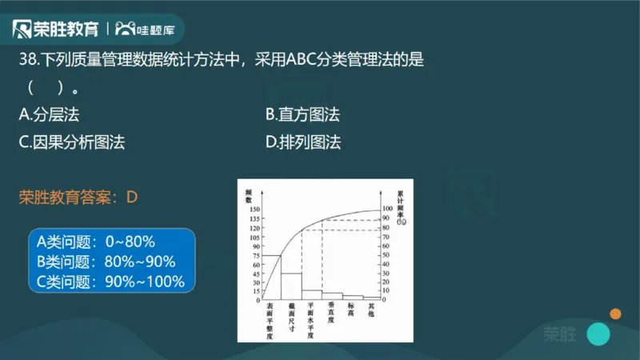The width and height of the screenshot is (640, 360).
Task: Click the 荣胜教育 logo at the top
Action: [56, 30]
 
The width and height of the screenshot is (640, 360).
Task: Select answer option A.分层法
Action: [50, 115]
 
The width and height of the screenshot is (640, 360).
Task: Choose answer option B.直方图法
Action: [302, 115]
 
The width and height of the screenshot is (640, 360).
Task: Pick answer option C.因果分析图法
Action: [72, 143]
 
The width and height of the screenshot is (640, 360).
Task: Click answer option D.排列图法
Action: [302, 143]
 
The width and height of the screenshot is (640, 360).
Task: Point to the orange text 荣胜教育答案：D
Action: [78, 197]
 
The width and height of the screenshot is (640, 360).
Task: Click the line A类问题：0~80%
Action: [96, 241]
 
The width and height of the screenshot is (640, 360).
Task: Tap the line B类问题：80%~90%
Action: [106, 262]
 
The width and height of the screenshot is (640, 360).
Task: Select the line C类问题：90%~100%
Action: [111, 282]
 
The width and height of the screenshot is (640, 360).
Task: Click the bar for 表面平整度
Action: [272, 278]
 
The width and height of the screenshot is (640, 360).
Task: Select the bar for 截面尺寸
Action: [291, 286]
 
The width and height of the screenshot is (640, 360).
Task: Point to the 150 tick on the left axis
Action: [256, 209]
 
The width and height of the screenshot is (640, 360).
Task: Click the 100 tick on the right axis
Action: [388, 209]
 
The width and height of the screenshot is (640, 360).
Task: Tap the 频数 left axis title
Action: [250, 194]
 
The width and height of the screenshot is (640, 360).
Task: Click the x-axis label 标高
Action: [351, 307]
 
